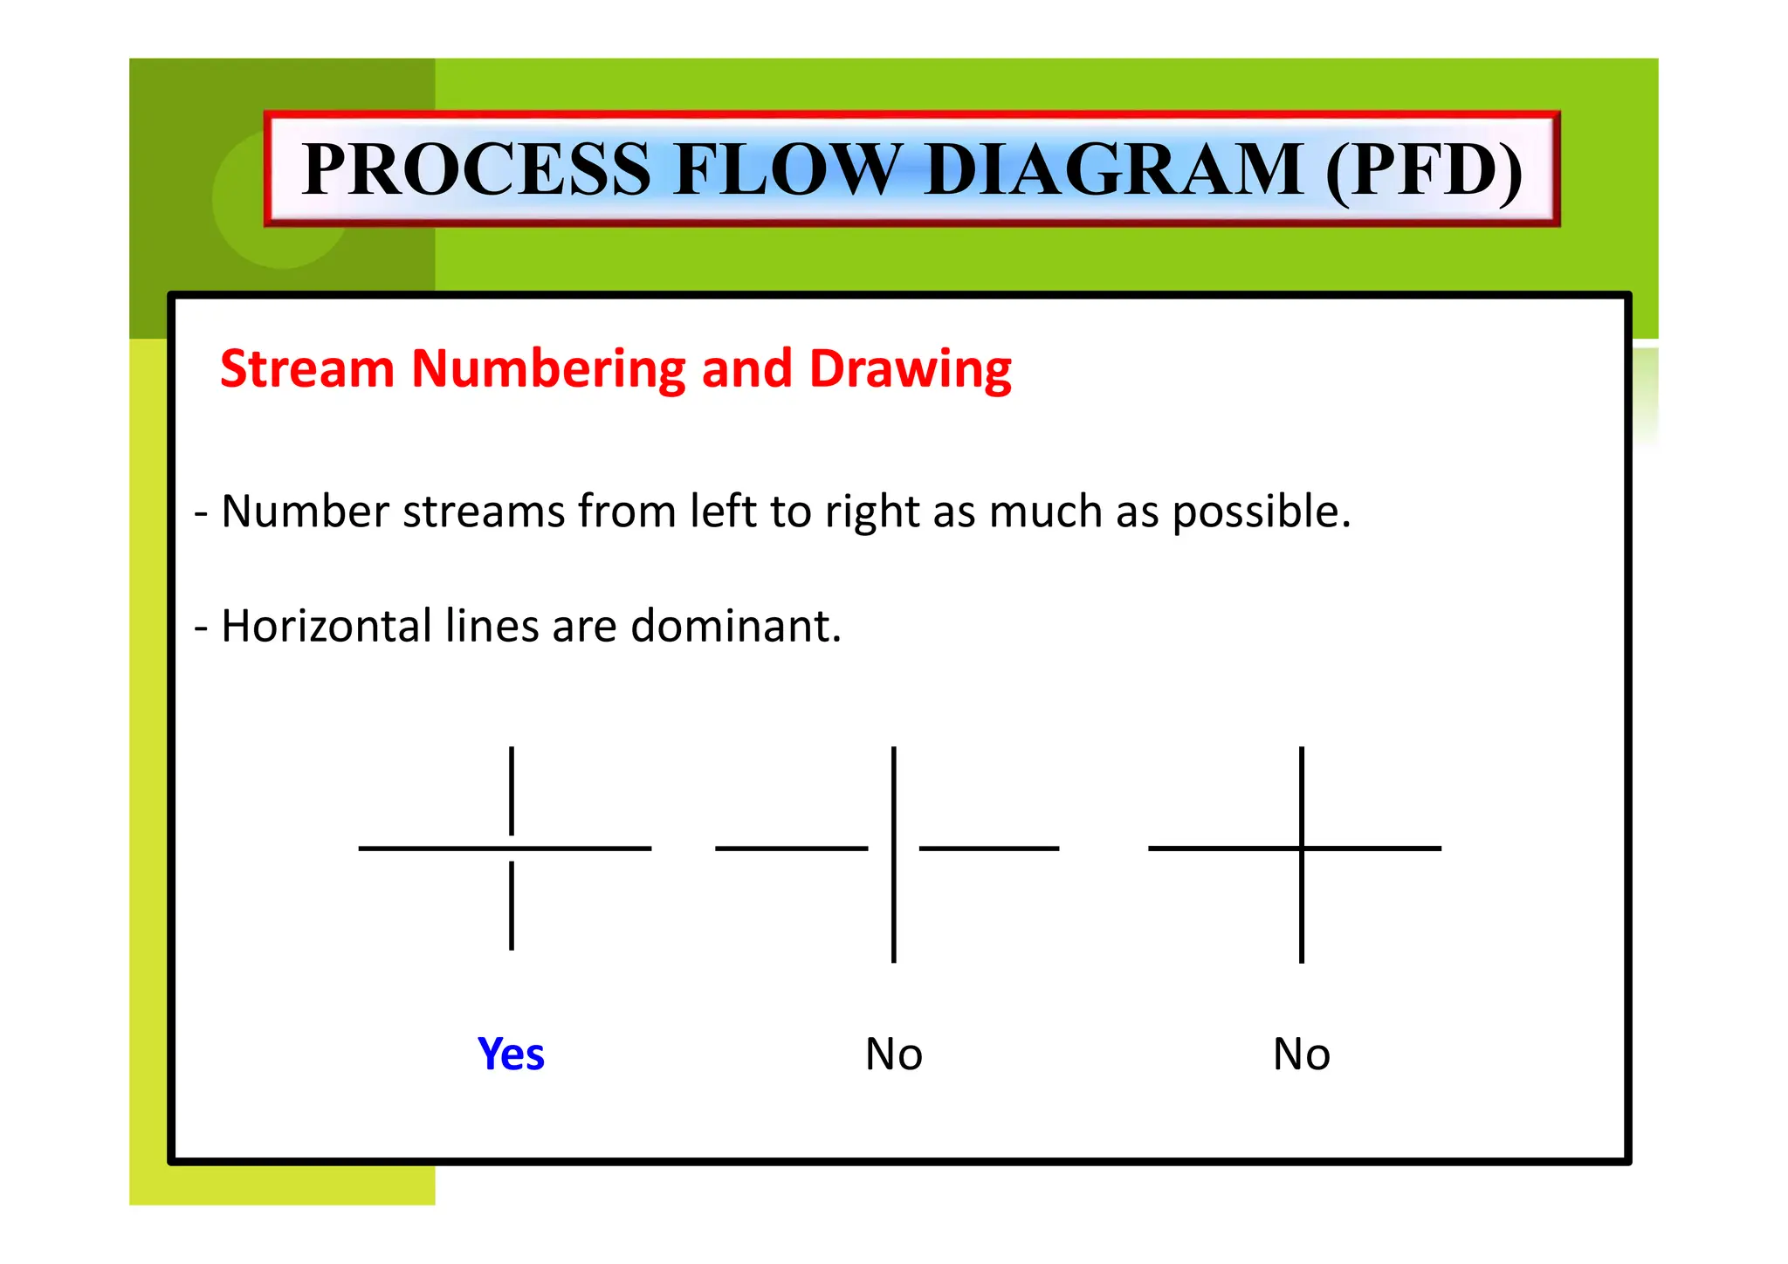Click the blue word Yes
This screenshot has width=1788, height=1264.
pyautogui.click(x=511, y=1054)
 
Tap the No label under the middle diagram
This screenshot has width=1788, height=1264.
pyautogui.click(x=893, y=1054)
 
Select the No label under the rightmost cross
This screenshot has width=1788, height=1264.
pyautogui.click(x=1301, y=1054)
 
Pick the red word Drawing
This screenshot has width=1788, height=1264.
pyautogui.click(x=910, y=370)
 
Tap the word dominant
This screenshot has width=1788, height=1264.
pyautogui.click(x=735, y=626)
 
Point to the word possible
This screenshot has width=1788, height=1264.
pyautogui.click(x=1261, y=512)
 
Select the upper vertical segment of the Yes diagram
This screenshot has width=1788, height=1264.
pyautogui.click(x=512, y=790)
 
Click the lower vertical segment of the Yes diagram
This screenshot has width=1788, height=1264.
pyautogui.click(x=512, y=905)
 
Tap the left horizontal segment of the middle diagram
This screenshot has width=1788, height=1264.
pyautogui.click(x=791, y=848)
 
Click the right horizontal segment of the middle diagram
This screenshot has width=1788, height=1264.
pyautogui.click(x=988, y=848)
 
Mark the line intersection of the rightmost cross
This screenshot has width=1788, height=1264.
pyautogui.click(x=1301, y=848)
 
